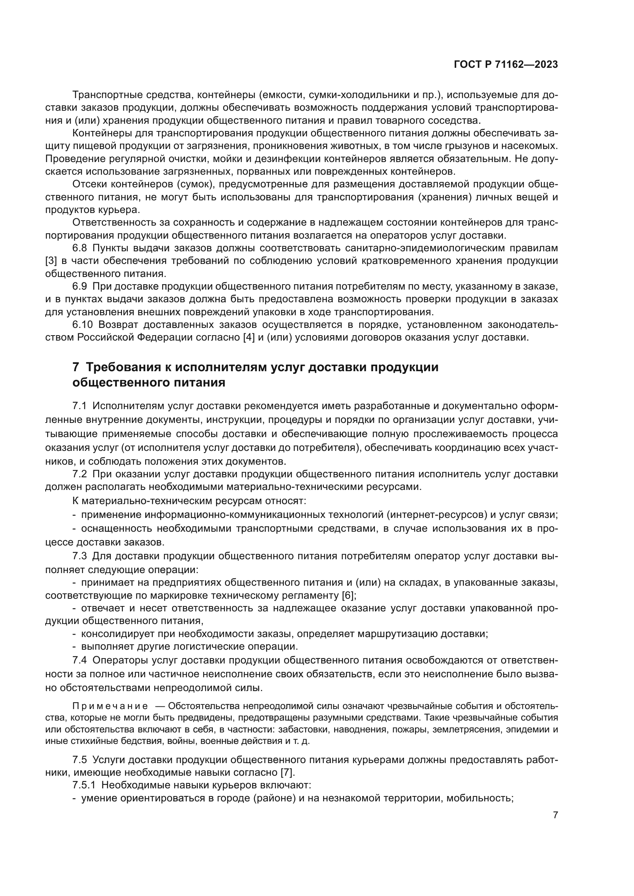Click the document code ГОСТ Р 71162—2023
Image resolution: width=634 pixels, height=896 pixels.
(506, 65)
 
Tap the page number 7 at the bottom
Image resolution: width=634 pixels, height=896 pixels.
(555, 815)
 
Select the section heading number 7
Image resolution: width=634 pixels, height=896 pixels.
(76, 367)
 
